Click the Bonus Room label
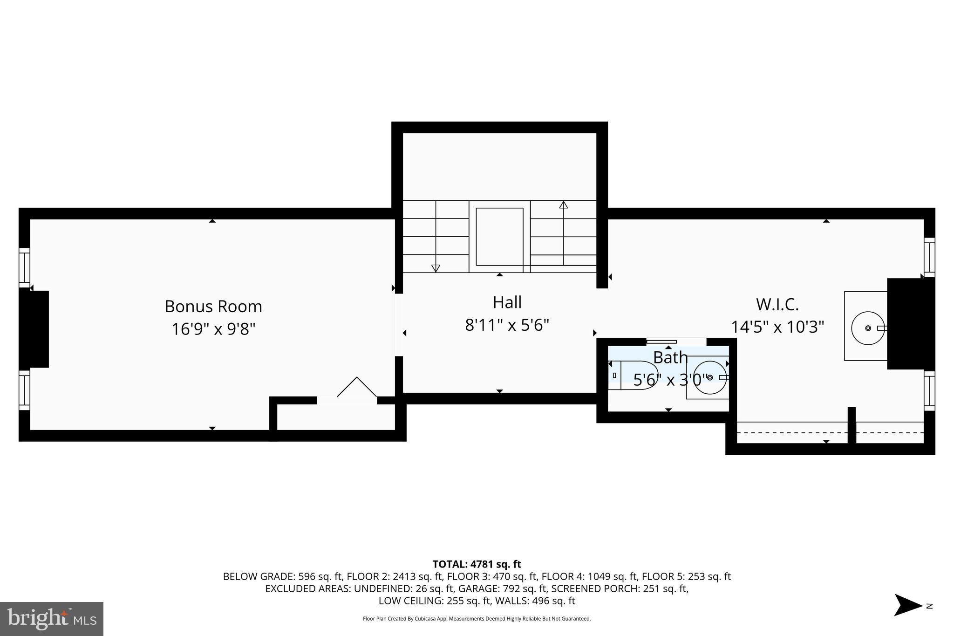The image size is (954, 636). click(213, 307)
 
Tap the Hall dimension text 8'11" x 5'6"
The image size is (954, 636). click(507, 325)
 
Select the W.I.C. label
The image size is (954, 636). click(777, 305)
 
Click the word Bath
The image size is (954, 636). click(670, 358)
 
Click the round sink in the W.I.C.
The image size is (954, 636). click(867, 328)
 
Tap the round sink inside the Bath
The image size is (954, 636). click(709, 377)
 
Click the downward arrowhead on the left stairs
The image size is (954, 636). click(436, 268)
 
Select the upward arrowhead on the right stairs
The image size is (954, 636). click(564, 205)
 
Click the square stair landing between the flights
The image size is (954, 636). click(499, 237)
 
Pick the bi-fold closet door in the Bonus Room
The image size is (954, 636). click(357, 388)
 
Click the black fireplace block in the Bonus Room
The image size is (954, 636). click(34, 329)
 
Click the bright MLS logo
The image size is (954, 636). click(51, 619)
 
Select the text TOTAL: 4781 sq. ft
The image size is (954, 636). click(477, 564)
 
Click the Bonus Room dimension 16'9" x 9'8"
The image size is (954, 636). click(213, 329)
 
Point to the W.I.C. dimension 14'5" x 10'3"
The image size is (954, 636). click(777, 327)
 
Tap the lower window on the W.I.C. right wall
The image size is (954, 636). click(929, 390)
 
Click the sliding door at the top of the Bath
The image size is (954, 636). click(661, 342)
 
